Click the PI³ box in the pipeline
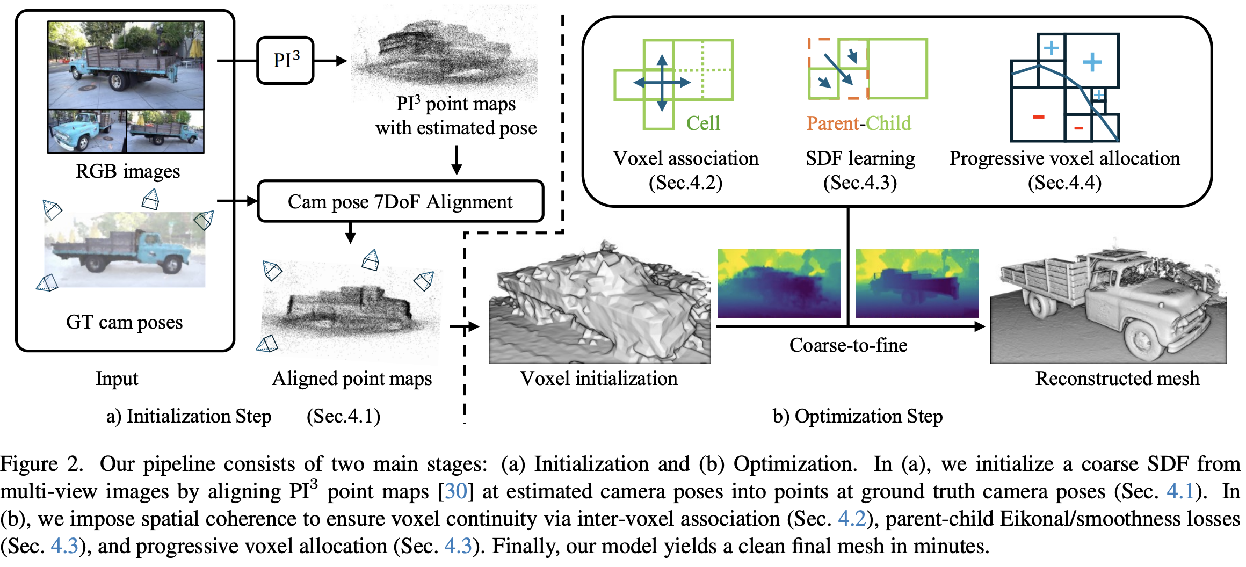pos(285,60)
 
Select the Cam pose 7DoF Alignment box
pos(400,202)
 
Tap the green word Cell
pos(702,123)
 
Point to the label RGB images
pos(128,171)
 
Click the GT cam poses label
pos(124,322)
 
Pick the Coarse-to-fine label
pos(848,345)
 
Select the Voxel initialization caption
pos(598,379)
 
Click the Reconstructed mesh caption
pos(1117,379)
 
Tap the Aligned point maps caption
pos(352,379)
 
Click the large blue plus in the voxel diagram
pos(1092,62)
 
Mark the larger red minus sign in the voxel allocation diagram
pos(1038,117)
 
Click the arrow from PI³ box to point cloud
pos(331,61)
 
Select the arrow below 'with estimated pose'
pos(457,159)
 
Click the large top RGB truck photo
pos(126,65)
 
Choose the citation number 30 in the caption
pos(456,491)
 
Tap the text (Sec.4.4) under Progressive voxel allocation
pos(1064,183)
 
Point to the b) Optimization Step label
pos(857,416)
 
